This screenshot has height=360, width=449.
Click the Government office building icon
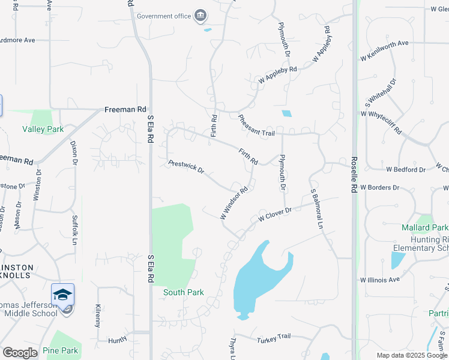click(x=200, y=15)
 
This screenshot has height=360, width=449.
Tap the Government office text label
click(x=164, y=16)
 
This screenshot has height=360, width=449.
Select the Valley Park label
click(x=43, y=129)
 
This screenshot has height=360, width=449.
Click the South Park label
click(x=184, y=292)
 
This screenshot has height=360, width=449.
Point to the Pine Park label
click(x=60, y=350)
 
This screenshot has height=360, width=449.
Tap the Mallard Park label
click(x=424, y=227)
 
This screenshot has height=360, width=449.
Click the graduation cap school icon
click(x=62, y=295)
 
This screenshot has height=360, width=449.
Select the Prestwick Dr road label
click(x=186, y=167)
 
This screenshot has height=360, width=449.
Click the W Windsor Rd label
click(x=234, y=203)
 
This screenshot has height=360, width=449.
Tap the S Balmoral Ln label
click(x=316, y=209)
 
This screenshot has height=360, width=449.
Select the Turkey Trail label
click(x=273, y=340)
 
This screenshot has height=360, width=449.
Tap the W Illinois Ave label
click(x=379, y=280)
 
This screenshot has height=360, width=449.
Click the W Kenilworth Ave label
click(x=384, y=50)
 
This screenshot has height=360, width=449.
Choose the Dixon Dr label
click(x=74, y=153)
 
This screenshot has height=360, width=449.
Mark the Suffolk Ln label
click(x=74, y=226)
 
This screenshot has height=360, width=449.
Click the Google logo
click(x=20, y=353)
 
